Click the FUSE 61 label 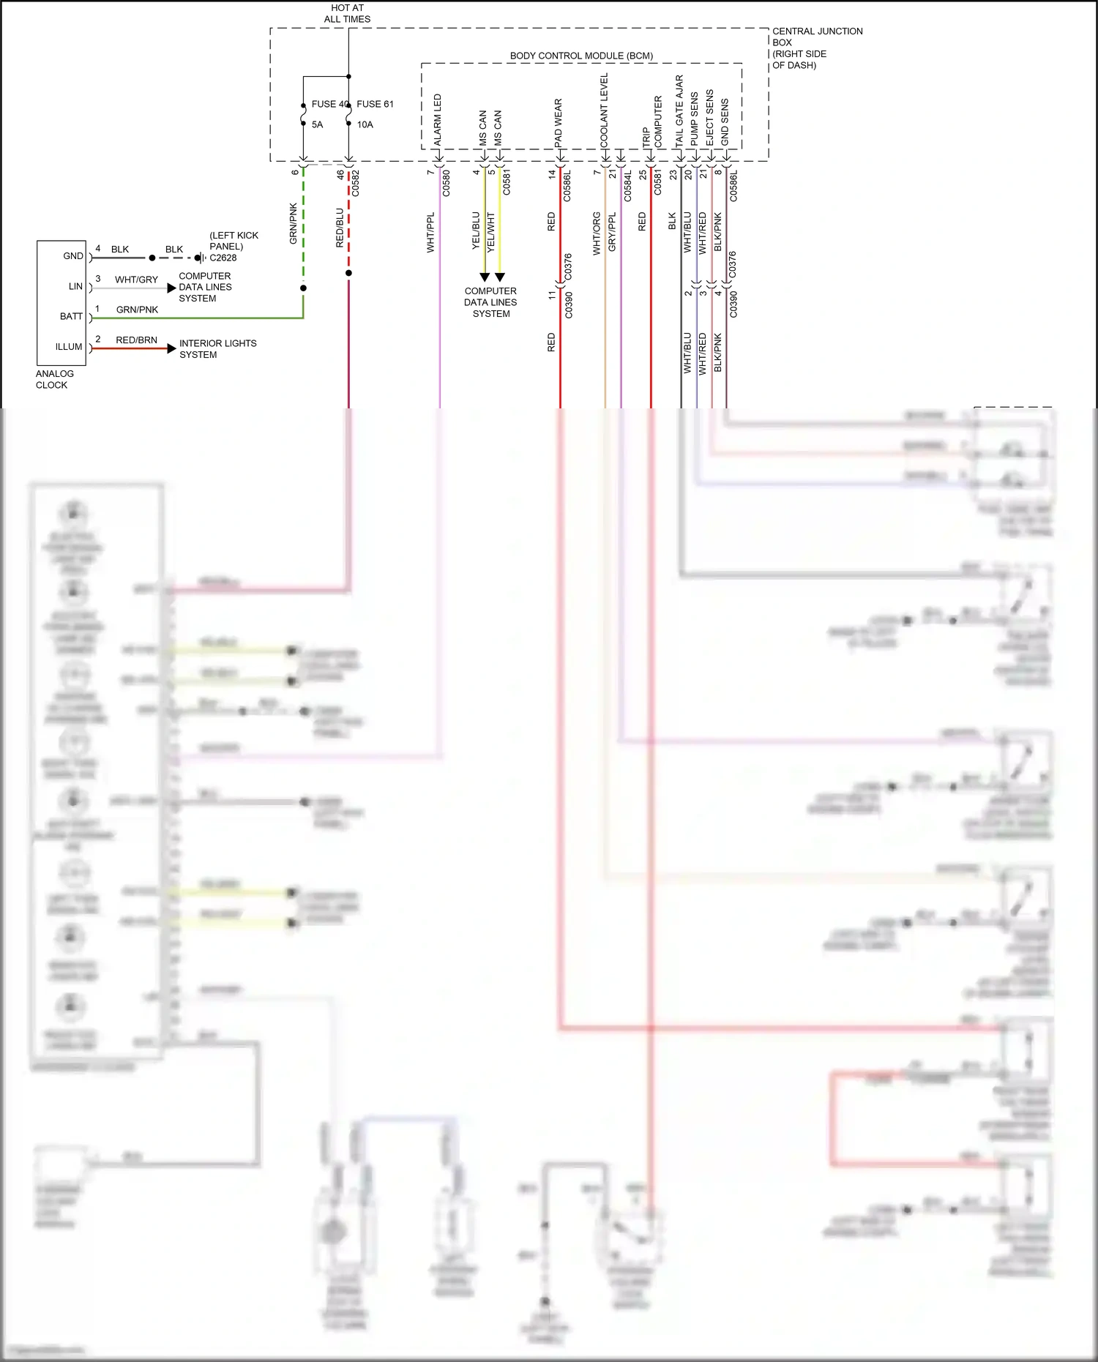375,104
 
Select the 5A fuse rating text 317,124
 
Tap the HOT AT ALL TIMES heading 347,13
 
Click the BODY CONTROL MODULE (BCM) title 581,56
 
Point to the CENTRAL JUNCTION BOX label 817,37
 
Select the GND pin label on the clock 72,256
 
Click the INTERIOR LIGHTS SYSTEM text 217,348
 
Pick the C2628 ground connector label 223,258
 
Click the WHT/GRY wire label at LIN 136,280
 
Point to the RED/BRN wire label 136,340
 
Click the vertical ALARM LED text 438,119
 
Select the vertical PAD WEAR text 559,122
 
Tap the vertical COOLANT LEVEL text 604,110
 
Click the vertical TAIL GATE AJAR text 679,110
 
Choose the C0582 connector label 356,184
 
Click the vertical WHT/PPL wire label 430,233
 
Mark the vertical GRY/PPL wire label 613,232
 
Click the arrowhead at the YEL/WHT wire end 500,277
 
